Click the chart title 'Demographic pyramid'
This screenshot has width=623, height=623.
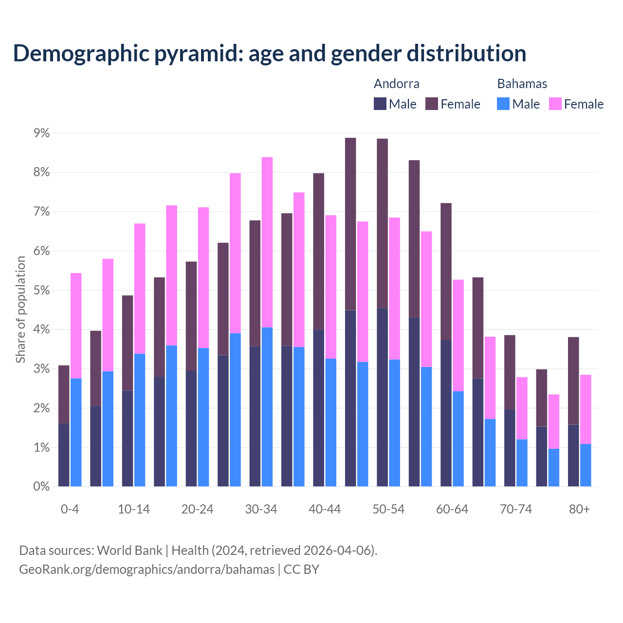click(269, 54)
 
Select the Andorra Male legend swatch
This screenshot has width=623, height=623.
click(380, 104)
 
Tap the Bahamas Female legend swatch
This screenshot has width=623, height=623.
click(555, 104)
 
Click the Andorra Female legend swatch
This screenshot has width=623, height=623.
click(432, 104)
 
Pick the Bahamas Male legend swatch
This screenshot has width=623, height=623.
click(503, 104)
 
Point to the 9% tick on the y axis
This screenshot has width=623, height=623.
click(41, 133)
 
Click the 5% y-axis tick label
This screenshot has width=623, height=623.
click(41, 291)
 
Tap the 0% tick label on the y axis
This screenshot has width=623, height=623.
click(41, 487)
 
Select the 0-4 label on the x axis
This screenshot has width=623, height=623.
click(70, 510)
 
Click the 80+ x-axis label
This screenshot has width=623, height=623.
click(579, 510)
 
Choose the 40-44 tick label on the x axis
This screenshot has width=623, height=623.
click(325, 510)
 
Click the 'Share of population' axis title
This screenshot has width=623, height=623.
click(20, 310)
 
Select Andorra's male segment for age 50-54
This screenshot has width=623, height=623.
click(383, 397)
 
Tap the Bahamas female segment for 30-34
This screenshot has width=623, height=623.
click(267, 242)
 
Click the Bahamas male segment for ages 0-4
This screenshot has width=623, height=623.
click(76, 432)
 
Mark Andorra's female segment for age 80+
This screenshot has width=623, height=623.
click(573, 381)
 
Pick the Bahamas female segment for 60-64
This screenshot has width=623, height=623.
click(458, 335)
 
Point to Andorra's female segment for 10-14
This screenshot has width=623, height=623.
click(128, 343)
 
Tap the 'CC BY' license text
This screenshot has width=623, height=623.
click(301, 569)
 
